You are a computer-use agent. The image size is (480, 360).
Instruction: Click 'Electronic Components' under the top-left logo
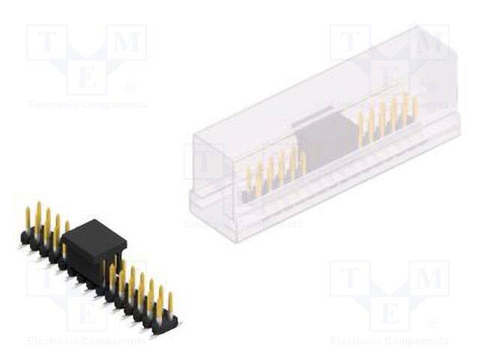(86, 105)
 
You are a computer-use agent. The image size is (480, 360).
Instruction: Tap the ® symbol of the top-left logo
(130, 88)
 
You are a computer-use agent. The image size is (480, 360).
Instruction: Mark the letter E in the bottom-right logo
(388, 312)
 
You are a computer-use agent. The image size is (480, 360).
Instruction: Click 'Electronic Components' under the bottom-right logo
(389, 340)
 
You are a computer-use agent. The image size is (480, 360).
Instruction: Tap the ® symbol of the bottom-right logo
(433, 324)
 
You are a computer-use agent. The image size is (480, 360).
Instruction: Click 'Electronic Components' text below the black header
(86, 340)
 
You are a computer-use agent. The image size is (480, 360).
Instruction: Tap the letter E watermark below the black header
(85, 312)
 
